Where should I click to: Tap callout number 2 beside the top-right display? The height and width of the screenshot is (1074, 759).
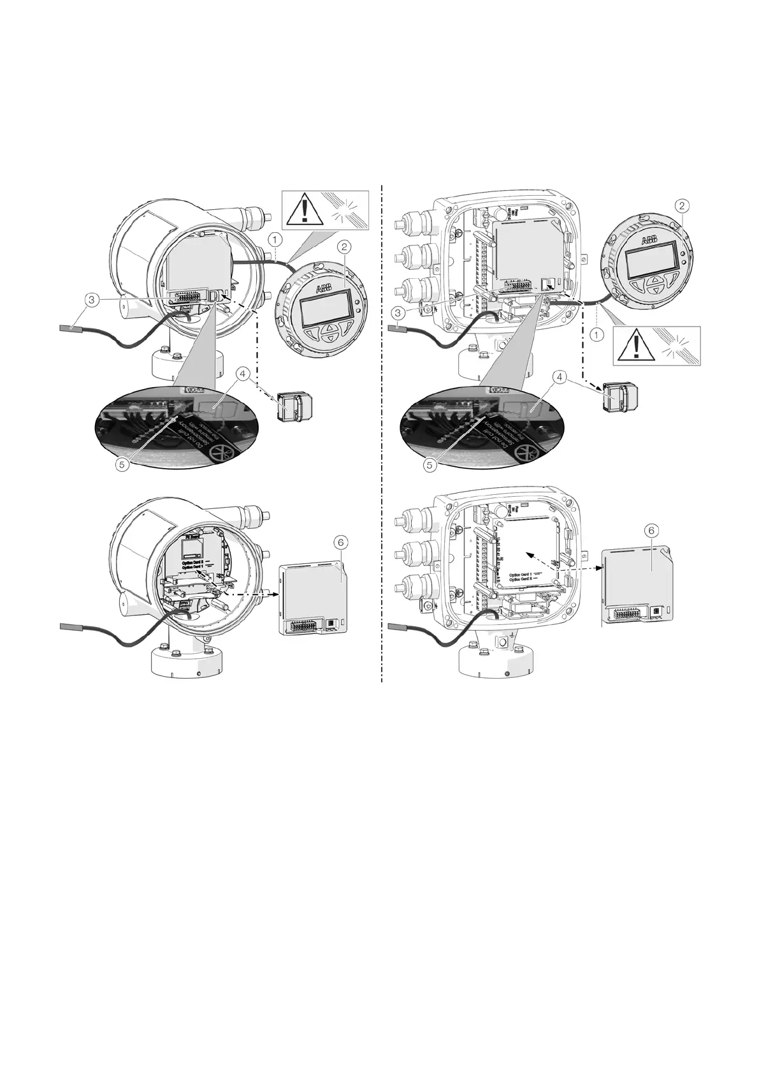point(683,205)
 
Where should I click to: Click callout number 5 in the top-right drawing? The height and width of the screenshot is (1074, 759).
point(430,465)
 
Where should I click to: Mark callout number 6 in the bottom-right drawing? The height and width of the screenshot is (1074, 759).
point(650,530)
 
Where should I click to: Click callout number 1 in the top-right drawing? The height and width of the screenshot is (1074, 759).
point(596,334)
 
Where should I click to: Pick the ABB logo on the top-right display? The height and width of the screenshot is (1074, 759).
point(649,240)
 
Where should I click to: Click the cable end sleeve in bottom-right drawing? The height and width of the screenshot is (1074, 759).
point(398,627)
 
